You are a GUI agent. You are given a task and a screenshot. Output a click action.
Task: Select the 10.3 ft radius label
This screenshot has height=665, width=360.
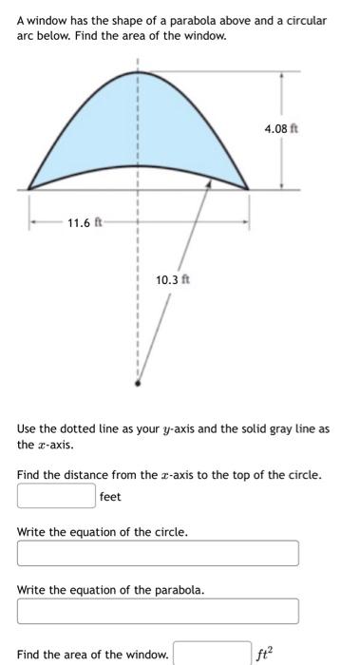(x=172, y=280)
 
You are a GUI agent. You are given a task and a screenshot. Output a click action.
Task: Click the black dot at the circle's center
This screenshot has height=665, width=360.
(x=138, y=384)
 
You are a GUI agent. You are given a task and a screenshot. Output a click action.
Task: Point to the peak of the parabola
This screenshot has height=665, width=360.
(x=138, y=72)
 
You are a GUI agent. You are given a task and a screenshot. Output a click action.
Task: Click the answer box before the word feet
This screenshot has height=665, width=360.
(x=55, y=495)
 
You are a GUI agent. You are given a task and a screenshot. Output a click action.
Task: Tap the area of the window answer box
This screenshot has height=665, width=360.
(x=211, y=654)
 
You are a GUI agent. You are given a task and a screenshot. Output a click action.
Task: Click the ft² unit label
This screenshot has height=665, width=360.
(x=265, y=654)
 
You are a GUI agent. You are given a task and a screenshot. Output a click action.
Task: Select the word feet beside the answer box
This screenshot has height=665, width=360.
(x=112, y=496)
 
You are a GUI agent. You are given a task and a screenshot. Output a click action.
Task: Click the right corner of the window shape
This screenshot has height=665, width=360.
(x=249, y=189)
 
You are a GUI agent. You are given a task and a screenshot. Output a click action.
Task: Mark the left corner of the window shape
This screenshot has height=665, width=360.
(x=28, y=189)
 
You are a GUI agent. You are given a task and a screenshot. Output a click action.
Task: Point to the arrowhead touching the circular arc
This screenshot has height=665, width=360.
(x=210, y=187)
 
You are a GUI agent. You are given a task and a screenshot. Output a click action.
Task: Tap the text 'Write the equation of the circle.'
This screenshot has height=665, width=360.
(x=102, y=532)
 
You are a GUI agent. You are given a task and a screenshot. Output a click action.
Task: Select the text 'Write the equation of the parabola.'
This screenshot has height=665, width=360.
(x=110, y=590)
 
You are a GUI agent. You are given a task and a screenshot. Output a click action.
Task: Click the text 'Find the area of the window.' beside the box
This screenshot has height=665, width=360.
(x=93, y=654)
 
